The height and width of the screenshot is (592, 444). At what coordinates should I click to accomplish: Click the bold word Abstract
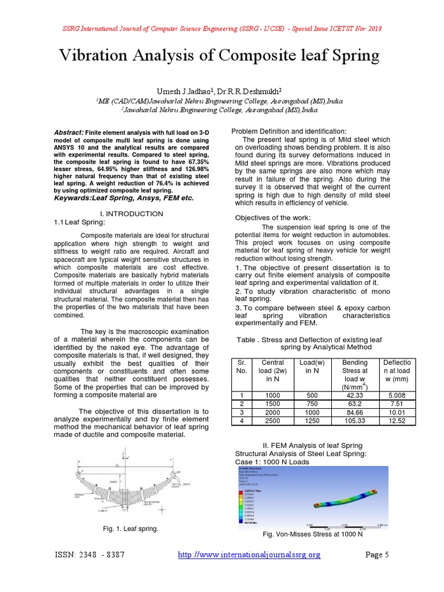(68, 132)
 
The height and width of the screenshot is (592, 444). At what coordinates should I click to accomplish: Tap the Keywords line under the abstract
(124, 198)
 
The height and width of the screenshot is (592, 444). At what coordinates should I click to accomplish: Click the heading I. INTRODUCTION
(132, 214)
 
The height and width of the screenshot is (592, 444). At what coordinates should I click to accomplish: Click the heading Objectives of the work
(273, 217)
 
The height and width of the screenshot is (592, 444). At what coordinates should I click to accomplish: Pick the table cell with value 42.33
(354, 395)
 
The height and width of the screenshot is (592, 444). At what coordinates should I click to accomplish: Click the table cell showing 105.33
(354, 421)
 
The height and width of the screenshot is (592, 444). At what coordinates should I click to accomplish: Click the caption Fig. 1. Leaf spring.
(129, 529)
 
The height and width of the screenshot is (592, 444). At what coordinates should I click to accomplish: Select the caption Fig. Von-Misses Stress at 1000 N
(313, 534)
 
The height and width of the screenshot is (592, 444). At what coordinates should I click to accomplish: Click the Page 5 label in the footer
(378, 555)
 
